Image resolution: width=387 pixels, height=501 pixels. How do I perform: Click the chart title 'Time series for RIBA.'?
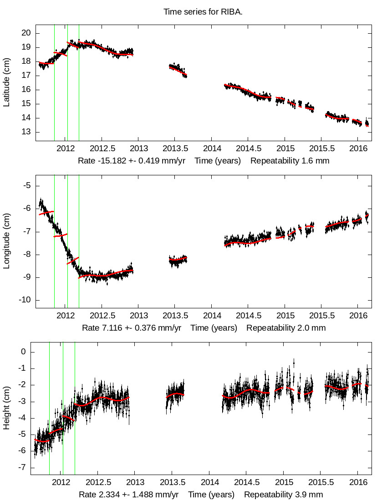point(203,12)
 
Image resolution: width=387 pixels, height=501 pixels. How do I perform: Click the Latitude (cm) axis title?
point(6,82)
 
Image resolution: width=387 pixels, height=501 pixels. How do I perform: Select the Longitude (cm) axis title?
point(6,241)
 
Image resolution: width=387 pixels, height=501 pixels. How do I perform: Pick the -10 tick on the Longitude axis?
point(25,300)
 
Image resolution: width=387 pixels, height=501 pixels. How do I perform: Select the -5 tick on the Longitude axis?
point(27,186)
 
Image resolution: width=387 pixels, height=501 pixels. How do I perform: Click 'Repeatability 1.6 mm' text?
point(290,161)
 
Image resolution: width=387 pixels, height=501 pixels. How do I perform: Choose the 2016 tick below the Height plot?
point(358,482)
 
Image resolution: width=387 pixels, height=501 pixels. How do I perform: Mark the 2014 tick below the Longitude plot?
point(212,316)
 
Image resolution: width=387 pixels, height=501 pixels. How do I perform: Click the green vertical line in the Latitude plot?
point(67,82)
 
